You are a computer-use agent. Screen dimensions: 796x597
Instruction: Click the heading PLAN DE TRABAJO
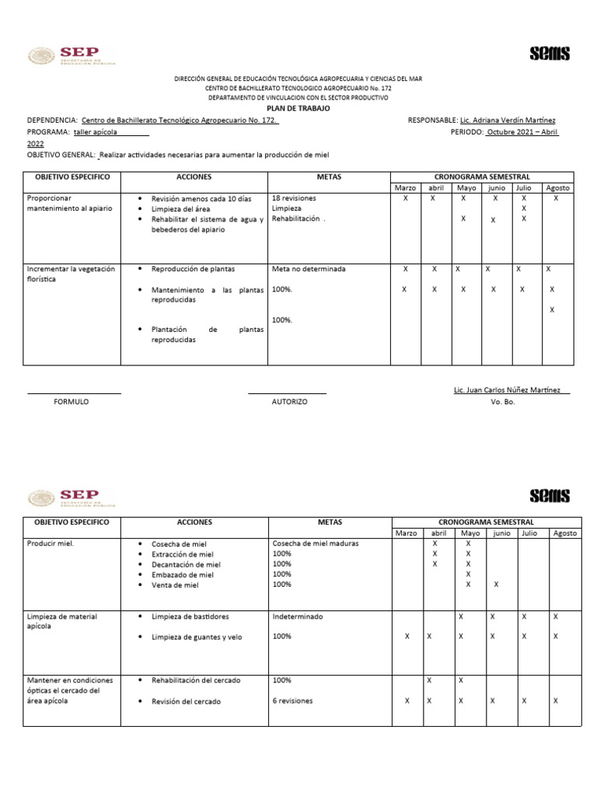[298, 109]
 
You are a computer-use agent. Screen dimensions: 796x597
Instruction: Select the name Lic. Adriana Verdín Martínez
[508, 120]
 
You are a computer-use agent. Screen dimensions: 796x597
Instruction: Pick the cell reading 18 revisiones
[295, 198]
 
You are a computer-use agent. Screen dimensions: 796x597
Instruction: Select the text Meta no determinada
[309, 269]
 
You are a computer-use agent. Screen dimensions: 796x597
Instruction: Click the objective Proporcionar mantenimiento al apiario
[70, 204]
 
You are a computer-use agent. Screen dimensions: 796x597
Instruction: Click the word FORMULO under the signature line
[71, 402]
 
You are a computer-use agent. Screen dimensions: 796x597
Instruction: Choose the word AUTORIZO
[289, 402]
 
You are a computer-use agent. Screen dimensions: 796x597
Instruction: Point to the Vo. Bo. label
[503, 402]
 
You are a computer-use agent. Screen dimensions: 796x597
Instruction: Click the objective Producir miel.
[51, 543]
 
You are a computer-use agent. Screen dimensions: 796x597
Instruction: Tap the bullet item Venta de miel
[175, 585]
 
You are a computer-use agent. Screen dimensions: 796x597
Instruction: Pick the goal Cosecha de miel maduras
[316, 543]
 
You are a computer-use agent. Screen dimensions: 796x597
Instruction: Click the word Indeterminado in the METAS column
[298, 616]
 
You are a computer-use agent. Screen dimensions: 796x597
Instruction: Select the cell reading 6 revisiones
[293, 700]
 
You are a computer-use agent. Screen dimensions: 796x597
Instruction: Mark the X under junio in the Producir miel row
[496, 584]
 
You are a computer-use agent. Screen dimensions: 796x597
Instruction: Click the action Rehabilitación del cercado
[196, 680]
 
